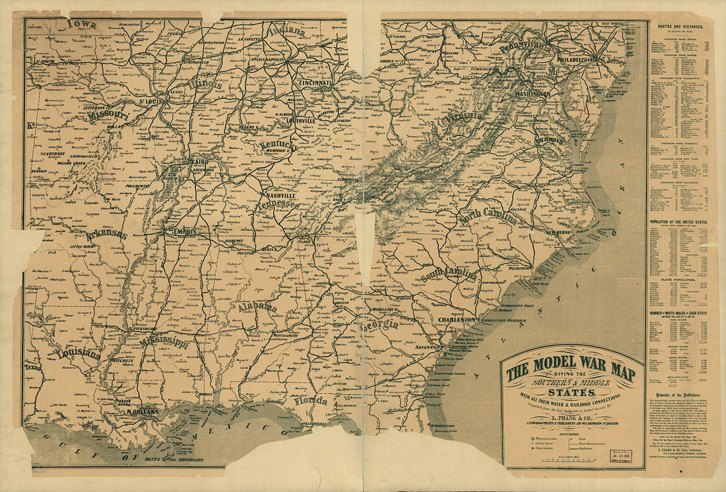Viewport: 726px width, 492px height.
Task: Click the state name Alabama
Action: (x=257, y=308)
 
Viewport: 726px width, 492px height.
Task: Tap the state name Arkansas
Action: (x=106, y=234)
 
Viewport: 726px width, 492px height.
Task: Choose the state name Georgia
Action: (x=379, y=324)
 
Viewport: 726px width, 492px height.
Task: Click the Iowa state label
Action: (x=81, y=24)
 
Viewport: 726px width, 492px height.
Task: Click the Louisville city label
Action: (x=301, y=122)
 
